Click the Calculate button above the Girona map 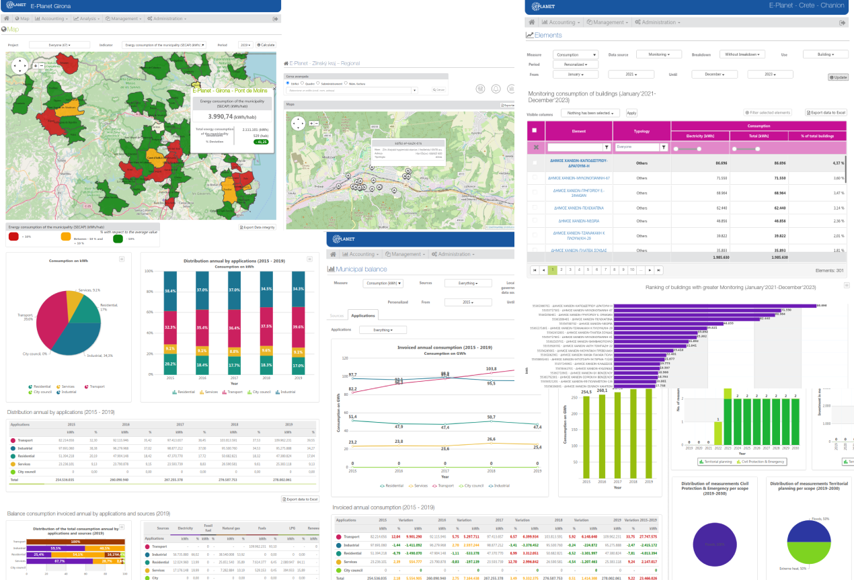(x=266, y=45)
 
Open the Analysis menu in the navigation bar (x=88, y=19)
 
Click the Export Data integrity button (x=257, y=227)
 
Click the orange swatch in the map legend (x=66, y=237)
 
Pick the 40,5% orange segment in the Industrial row (x=106, y=548)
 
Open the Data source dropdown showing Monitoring (x=658, y=54)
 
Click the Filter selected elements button (x=767, y=113)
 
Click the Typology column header (x=642, y=130)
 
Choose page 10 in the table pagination (x=631, y=270)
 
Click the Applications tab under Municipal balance (x=363, y=315)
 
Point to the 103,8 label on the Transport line (x=490, y=369)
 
